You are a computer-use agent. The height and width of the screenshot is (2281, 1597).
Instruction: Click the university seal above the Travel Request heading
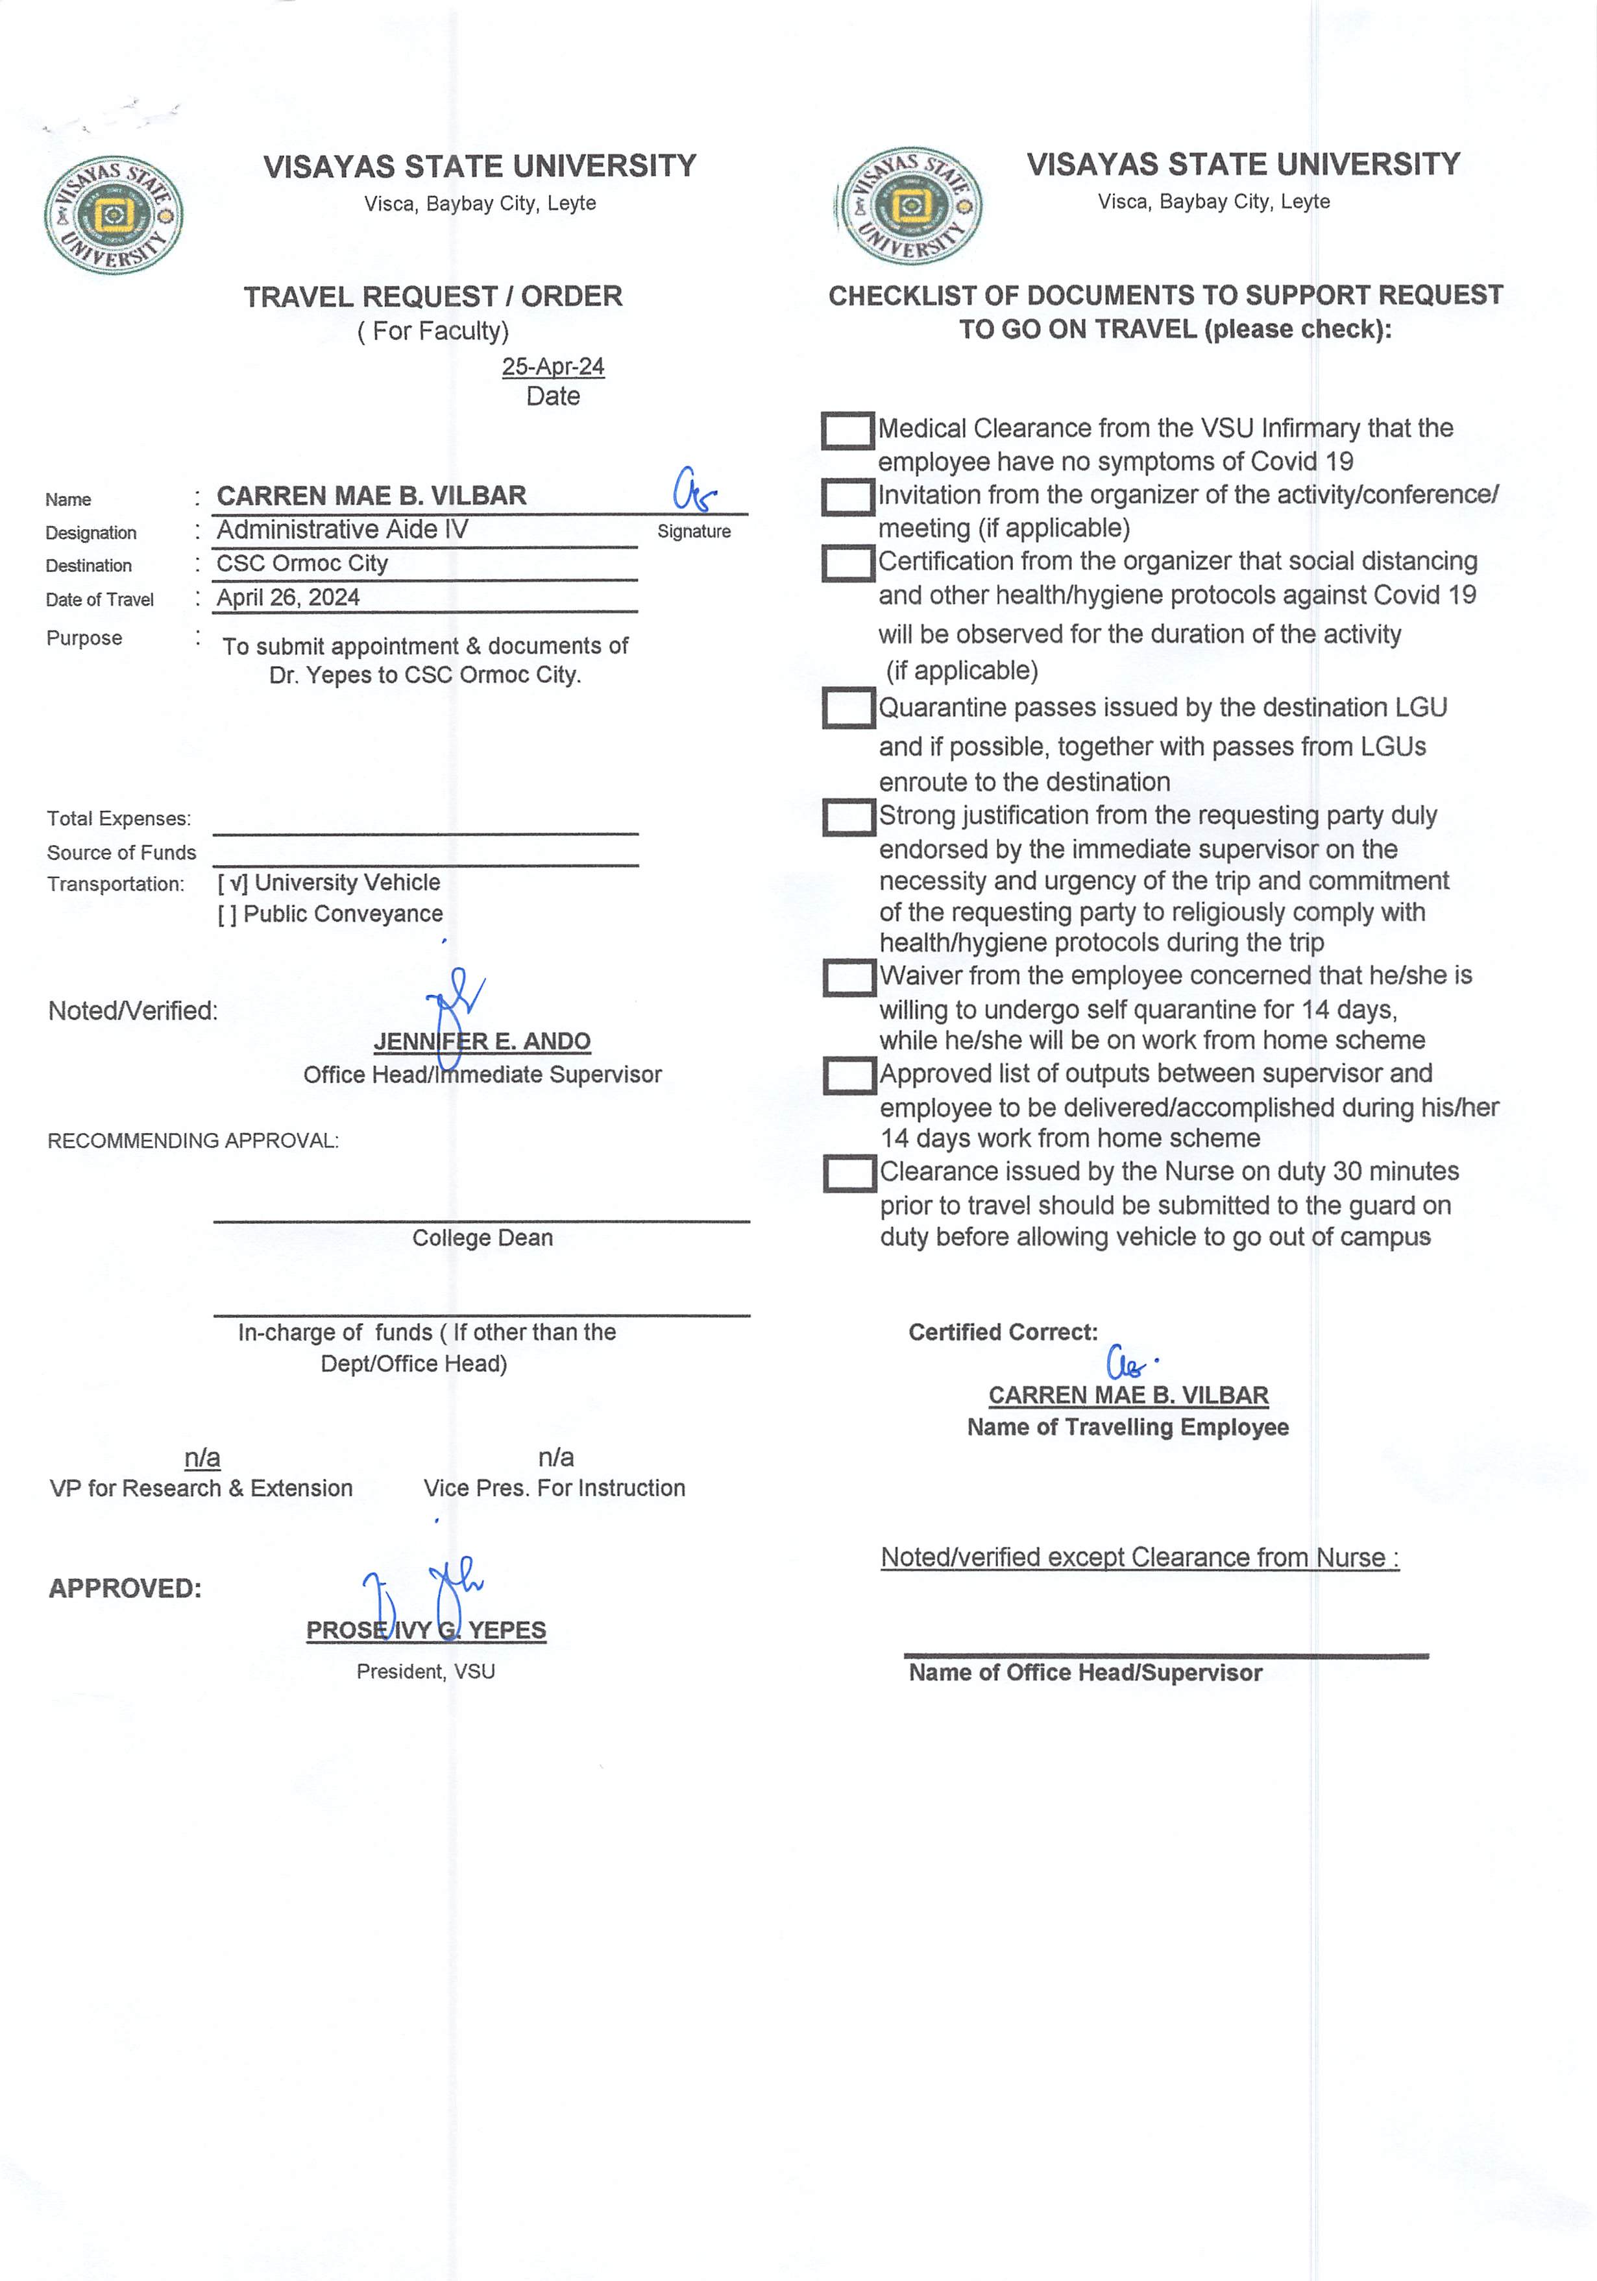tap(114, 215)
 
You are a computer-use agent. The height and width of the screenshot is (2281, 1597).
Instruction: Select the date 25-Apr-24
tap(552, 366)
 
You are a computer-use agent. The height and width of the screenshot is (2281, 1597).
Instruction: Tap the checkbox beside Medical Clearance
tap(847, 430)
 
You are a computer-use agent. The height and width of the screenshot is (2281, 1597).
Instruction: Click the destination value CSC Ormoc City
tap(302, 564)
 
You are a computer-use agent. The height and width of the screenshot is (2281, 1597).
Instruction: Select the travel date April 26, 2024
tap(288, 597)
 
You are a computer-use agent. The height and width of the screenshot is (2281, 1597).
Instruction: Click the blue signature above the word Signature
tap(692, 490)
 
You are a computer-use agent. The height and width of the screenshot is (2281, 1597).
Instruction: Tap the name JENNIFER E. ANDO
tap(482, 1041)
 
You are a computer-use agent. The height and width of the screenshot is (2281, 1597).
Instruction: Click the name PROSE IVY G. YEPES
tap(426, 1630)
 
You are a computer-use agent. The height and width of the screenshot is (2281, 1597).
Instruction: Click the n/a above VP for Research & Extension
tap(202, 1457)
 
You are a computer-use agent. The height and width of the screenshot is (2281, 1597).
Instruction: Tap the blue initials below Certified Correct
tap(1129, 1362)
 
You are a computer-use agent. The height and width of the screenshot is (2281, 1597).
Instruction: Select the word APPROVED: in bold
tap(125, 1588)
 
